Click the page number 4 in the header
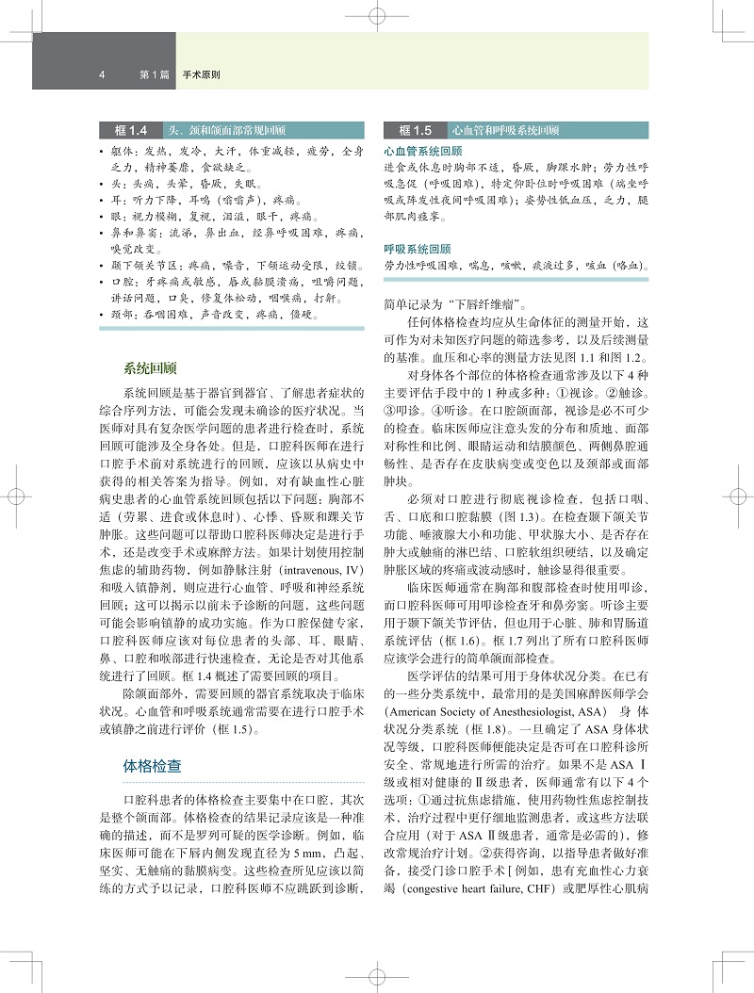pos(101,73)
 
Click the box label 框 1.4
pos(131,130)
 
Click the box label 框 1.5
pos(415,130)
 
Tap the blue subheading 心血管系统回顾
pos(423,151)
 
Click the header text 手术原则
pos(202,73)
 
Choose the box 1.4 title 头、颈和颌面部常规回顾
pos(224,130)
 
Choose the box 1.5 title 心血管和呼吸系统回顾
pos(505,130)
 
